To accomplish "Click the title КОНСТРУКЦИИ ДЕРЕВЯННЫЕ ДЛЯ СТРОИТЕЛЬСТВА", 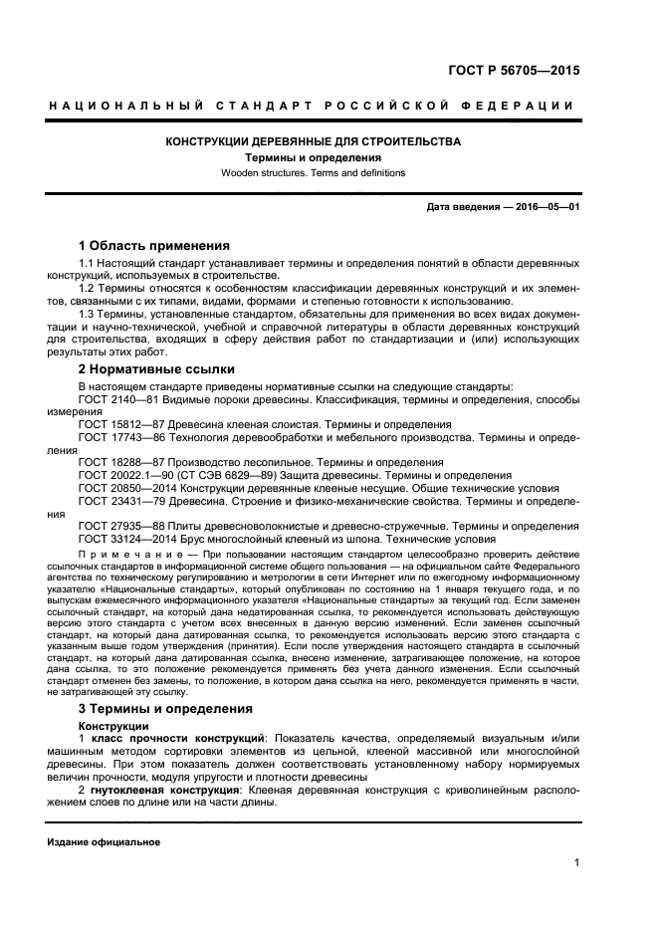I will pos(312,142).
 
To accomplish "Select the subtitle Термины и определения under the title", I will pos(313,157).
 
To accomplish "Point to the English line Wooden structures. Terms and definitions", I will pos(312,172).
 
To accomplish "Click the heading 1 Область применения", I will pos(154,245).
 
